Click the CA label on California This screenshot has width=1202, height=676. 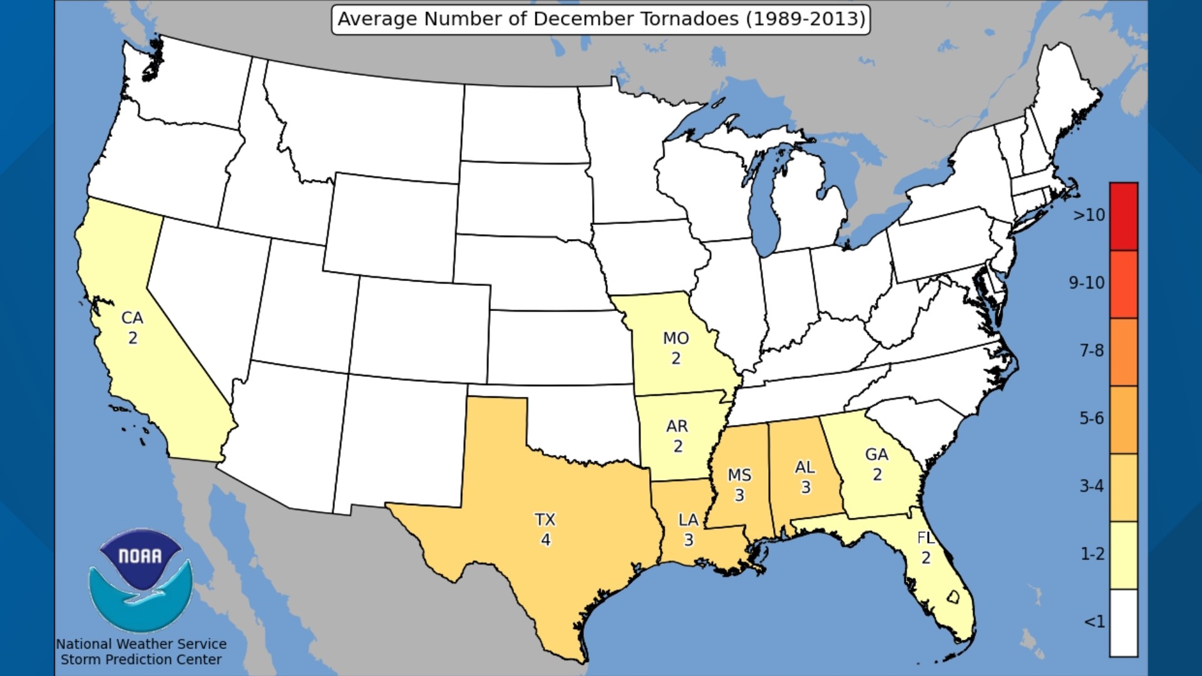pos(132,318)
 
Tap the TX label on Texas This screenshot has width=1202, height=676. pos(545,520)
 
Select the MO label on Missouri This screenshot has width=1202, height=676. pos(675,339)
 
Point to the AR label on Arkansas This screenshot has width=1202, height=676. pos(677,426)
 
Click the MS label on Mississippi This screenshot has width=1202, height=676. pos(739,476)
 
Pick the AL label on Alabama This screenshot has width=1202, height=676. pos(804,468)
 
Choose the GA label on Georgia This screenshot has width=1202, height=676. pos(876,454)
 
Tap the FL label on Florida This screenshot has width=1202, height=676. pos(925,538)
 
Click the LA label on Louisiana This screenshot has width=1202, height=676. pos(688,520)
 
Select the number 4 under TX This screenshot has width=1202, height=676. pos(545,540)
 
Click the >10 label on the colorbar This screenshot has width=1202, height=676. pos(1089,215)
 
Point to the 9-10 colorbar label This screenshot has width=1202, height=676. pos(1086,283)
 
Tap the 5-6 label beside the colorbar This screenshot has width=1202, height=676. pos(1091,418)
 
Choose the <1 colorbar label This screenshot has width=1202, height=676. pos(1094,622)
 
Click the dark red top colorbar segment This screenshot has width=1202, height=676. pos(1124,217)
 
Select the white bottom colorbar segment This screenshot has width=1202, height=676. pos(1124,623)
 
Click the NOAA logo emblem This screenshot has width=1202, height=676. pos(140,579)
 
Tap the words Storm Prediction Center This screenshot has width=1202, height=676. pos(141,660)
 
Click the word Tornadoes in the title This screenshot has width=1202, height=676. pos(688,19)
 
